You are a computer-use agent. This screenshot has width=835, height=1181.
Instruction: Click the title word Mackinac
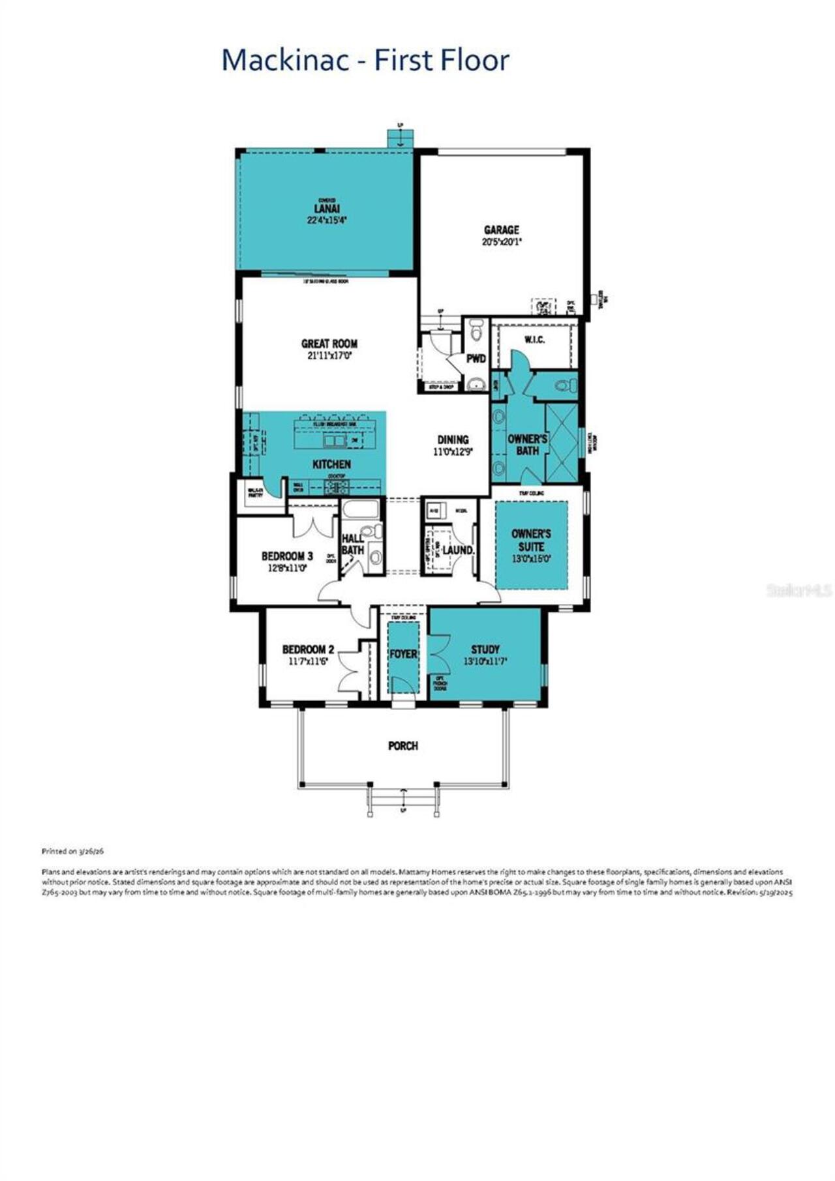point(292,61)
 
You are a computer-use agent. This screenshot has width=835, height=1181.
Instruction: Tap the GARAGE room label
point(502,230)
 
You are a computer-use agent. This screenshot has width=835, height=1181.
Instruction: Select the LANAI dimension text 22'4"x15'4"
point(327,220)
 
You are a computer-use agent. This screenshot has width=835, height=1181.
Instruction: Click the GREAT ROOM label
point(329,344)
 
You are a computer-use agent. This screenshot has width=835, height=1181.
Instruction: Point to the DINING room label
point(453,440)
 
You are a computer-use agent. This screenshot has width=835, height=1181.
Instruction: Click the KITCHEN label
point(332,464)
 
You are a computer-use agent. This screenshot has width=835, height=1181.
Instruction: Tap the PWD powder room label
point(476,359)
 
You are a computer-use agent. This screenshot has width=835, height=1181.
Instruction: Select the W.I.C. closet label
point(534,340)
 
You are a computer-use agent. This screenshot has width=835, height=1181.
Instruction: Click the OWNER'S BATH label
point(527,445)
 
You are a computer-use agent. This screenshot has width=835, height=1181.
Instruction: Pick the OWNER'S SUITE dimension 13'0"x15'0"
point(531,559)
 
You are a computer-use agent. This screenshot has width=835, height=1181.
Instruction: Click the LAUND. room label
point(458,550)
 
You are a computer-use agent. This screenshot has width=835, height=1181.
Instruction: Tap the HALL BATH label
point(353,545)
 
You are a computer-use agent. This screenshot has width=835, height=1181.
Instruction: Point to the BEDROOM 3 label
point(287,556)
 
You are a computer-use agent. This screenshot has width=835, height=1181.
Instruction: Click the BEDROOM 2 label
point(308,650)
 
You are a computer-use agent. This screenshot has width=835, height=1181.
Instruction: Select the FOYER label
point(403,654)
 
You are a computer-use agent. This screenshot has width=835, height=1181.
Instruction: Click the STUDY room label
point(485,650)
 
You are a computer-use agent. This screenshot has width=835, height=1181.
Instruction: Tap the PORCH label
point(403,745)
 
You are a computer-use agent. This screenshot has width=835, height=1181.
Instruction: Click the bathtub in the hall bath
point(360,510)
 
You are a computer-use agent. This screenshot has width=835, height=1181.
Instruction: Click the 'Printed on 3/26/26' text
point(73,851)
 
